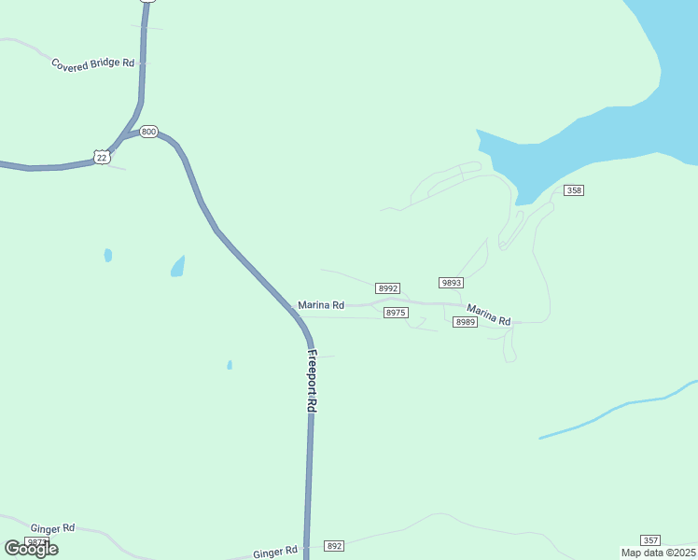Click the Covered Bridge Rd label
point(93,63)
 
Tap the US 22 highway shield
point(101,157)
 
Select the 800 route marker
point(148,132)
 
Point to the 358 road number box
point(573,190)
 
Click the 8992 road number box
point(388,288)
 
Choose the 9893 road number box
point(451,282)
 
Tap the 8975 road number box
point(396,313)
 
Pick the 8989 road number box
point(465,322)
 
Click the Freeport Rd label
point(313,382)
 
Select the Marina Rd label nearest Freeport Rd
point(321,305)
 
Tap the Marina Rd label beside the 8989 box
point(489,315)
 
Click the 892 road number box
point(334,545)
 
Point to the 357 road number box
point(650,540)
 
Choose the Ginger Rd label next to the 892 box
point(275,553)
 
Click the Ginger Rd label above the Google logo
point(52,528)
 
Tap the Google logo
point(32,549)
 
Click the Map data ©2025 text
point(657,553)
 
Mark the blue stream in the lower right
point(616,411)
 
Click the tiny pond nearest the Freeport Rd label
point(230,365)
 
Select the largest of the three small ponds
point(177,268)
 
